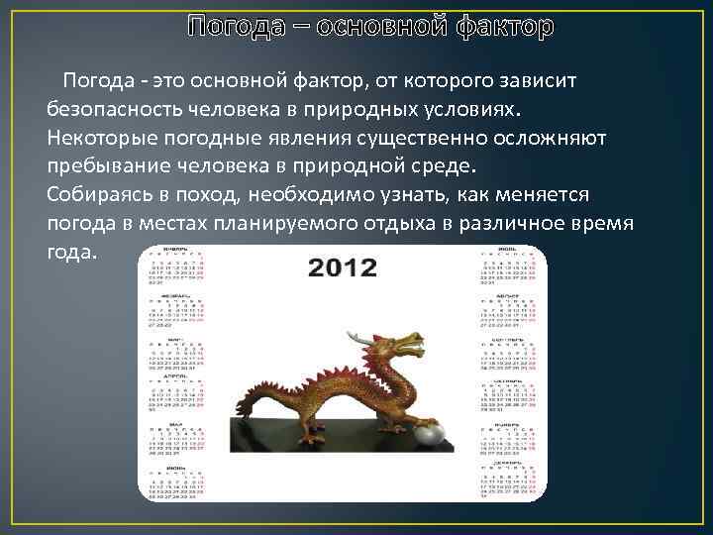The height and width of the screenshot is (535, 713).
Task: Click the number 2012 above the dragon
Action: pos(342,267)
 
